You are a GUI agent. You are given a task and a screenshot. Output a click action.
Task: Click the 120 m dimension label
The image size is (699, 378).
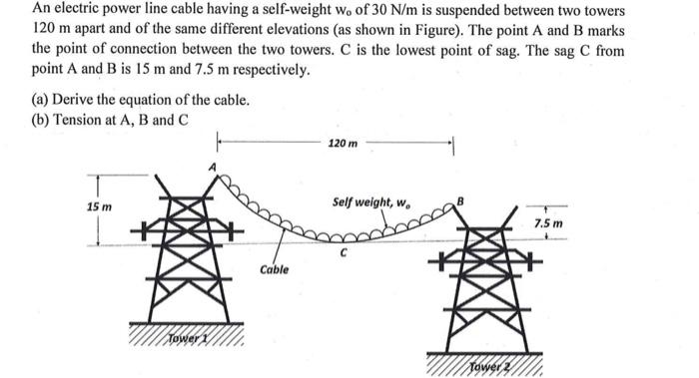tap(342, 145)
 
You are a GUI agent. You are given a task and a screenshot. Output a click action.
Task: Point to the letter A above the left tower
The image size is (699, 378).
tap(212, 167)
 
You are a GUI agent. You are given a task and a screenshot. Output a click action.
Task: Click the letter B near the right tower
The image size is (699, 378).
tap(461, 202)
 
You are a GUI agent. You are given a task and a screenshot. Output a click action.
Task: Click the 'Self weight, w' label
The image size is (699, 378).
tap(370, 202)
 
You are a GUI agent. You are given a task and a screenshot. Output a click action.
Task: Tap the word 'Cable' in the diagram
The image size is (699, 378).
tap(274, 269)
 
